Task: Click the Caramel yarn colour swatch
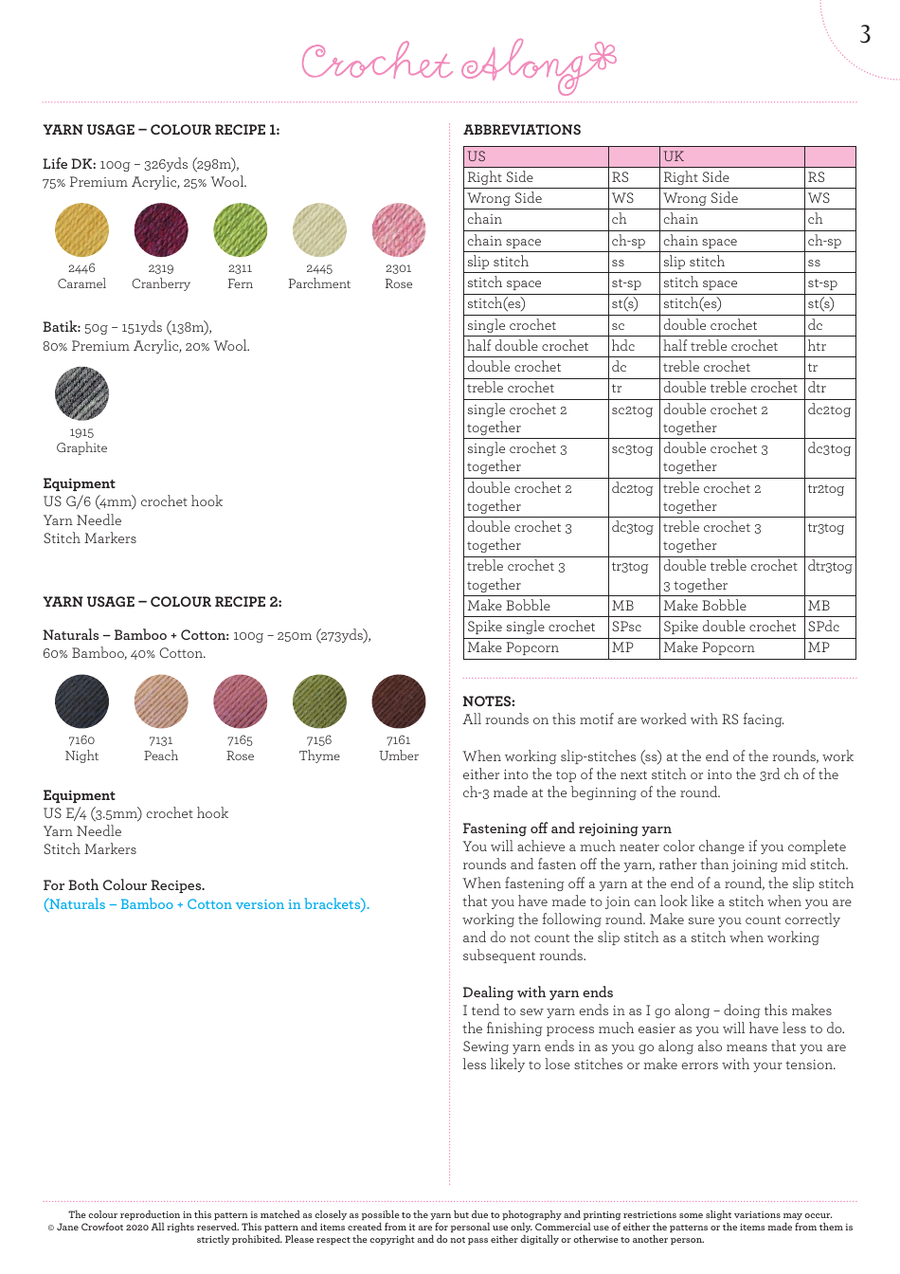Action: click(x=81, y=230)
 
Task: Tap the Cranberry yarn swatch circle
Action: click(x=161, y=230)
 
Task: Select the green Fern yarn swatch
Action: click(x=241, y=230)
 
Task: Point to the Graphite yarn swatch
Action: click(x=81, y=393)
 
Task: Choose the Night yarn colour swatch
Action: click(x=81, y=701)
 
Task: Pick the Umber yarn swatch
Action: click(x=399, y=701)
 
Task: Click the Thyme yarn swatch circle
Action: click(x=319, y=701)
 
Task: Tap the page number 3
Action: click(x=865, y=35)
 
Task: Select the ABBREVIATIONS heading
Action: click(x=522, y=130)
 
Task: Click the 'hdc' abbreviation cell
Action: click(x=623, y=346)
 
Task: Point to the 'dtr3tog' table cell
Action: click(x=830, y=566)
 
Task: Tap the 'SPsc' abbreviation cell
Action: click(x=626, y=627)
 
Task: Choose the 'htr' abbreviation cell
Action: click(x=817, y=346)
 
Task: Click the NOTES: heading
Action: click(x=489, y=701)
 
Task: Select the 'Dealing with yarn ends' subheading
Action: click(x=537, y=992)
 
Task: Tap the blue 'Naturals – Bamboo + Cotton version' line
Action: click(x=207, y=904)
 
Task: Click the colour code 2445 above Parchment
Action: click(x=319, y=268)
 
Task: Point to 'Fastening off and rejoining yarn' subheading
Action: click(x=567, y=828)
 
